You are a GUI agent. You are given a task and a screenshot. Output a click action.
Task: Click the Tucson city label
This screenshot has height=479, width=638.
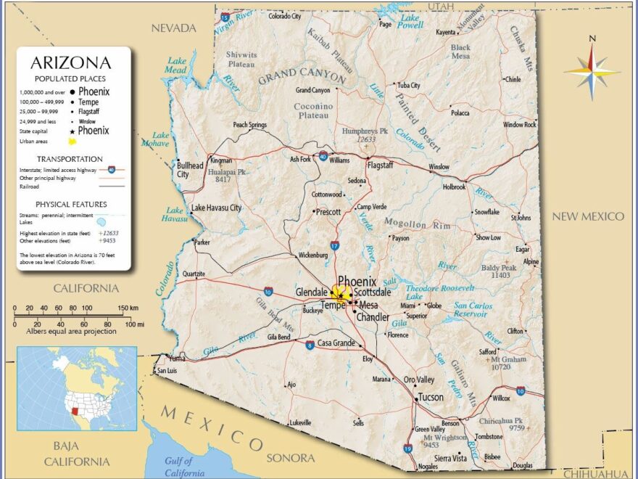(431, 397)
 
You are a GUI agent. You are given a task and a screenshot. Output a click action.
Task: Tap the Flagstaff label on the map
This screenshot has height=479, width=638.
(381, 165)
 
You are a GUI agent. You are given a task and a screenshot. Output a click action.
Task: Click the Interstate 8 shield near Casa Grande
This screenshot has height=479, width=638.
(310, 345)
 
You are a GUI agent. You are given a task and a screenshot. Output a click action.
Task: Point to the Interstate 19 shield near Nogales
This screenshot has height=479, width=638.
(407, 449)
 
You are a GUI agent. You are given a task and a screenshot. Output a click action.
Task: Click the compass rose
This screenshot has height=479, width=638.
(592, 71)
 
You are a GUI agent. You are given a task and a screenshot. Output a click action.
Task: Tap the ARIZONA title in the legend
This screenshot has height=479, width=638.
(71, 63)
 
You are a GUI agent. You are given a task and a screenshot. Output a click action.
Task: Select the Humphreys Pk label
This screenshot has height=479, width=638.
(365, 131)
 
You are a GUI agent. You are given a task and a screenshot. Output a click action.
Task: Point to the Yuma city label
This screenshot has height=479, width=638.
(177, 358)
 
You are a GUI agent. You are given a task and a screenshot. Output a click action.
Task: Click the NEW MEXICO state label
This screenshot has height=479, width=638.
(588, 216)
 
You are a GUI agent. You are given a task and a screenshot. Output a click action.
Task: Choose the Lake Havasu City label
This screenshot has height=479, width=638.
(216, 208)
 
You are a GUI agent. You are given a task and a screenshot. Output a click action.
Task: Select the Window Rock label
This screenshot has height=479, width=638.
(519, 125)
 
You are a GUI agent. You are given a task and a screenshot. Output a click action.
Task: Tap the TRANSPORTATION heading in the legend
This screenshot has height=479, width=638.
(70, 159)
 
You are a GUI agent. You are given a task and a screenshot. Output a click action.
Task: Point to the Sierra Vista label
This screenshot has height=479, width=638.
(449, 458)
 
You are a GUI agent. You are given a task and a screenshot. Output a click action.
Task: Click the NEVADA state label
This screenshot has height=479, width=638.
(173, 28)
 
